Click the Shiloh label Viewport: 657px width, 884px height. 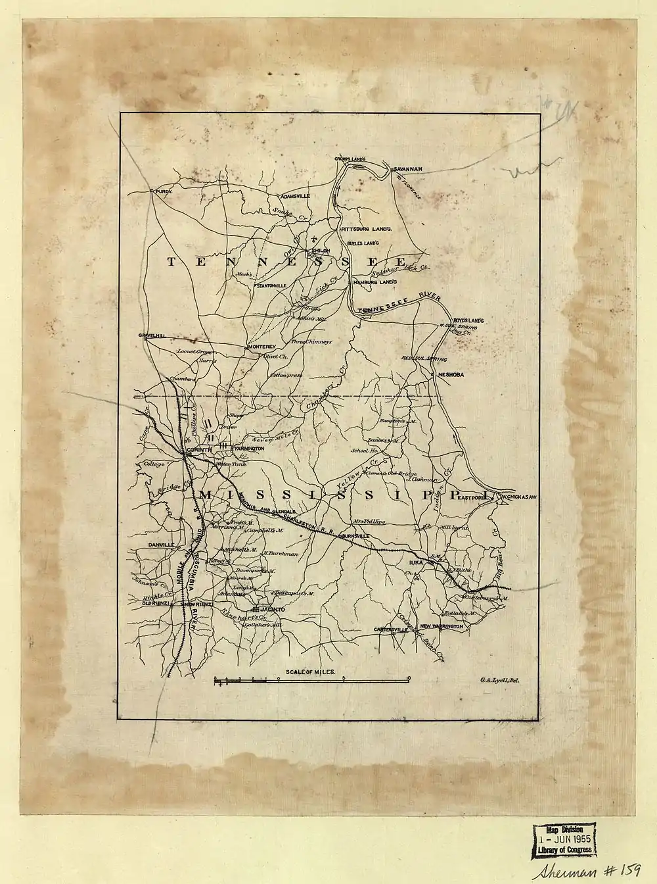[320, 251]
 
